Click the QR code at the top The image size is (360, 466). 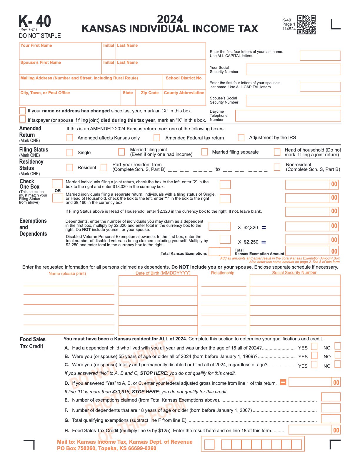[x=306, y=25]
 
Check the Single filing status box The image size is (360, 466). [x=70, y=152]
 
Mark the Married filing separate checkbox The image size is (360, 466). [x=205, y=152]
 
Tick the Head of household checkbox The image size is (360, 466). [x=277, y=152]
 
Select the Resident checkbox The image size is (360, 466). [x=70, y=167]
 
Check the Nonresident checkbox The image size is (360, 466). [x=277, y=167]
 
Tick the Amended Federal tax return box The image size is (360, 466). [x=157, y=138]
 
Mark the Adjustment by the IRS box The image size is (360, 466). [x=241, y=137]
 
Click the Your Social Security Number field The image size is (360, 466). [x=293, y=69]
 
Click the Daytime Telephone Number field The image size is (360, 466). [x=288, y=116]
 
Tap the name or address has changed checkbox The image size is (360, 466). [x=22, y=111]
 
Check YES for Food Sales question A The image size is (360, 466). [x=314, y=346]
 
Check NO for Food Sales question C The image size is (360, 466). [x=338, y=364]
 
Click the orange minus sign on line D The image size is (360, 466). [x=283, y=382]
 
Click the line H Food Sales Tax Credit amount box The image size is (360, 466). [x=310, y=430]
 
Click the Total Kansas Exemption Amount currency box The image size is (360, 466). [x=307, y=251]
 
